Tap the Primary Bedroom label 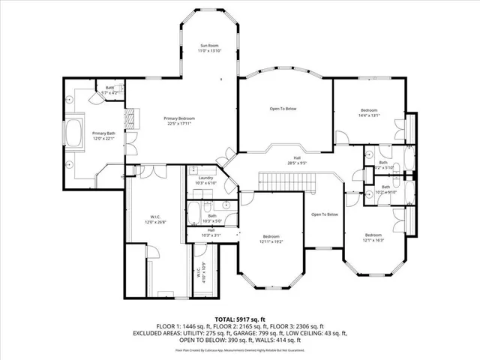click(x=180, y=121)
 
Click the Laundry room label click(x=206, y=180)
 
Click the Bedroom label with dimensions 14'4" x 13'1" click(x=370, y=112)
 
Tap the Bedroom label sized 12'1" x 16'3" click(x=373, y=238)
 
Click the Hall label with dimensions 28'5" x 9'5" click(x=276, y=160)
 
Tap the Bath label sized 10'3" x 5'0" click(x=212, y=219)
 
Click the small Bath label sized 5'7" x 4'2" click(x=109, y=90)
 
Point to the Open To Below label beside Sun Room click(x=283, y=109)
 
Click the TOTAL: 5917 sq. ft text click(x=241, y=319)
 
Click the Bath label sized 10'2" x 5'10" click(x=385, y=189)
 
